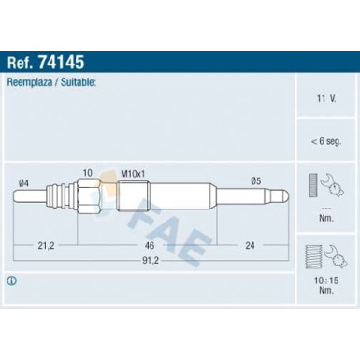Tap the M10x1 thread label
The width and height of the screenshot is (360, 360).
133,174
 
